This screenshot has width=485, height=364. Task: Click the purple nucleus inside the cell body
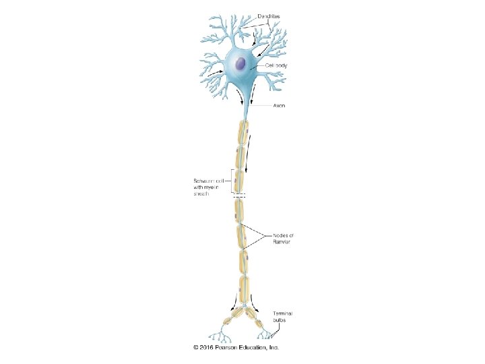coord(241,63)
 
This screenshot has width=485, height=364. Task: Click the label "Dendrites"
coord(270,15)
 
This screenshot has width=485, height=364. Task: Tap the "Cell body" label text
coord(277,65)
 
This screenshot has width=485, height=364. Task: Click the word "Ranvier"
coord(282,242)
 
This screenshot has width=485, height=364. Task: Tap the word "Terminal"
coord(283,313)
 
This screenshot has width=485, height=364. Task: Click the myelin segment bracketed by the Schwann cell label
coord(239,181)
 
